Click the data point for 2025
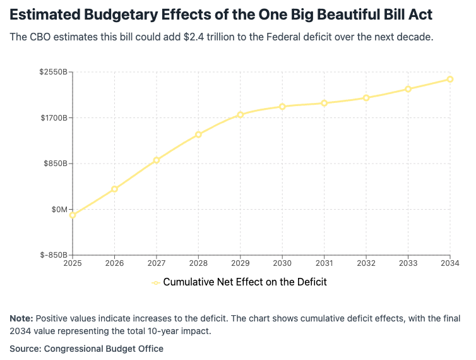coord(73,215)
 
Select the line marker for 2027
coord(157,160)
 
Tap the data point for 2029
coord(241,114)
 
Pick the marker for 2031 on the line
coord(324,103)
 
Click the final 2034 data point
coord(450,79)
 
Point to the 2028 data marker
coord(198,134)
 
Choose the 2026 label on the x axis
coord(114,263)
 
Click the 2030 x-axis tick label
coord(282,263)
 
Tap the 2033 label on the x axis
coord(408,263)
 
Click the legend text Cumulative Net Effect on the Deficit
coord(245,282)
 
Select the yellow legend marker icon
coord(155,282)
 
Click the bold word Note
coord(21,318)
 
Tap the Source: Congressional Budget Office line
coord(86,349)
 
